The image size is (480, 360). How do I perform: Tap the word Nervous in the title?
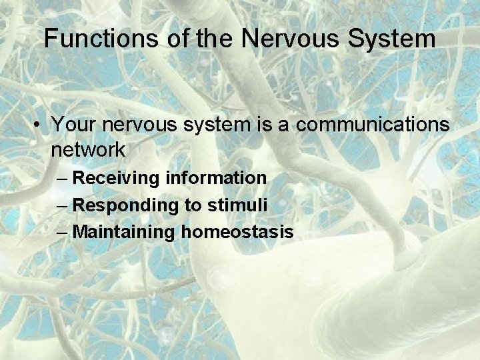tap(292, 38)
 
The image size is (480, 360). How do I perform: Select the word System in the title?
tap(393, 38)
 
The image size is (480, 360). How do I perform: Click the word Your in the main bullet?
tap(73, 125)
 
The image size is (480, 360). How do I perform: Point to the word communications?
tap(371, 125)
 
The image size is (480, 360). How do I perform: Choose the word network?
tap(87, 150)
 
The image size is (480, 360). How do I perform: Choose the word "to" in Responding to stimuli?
tap(192, 206)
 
